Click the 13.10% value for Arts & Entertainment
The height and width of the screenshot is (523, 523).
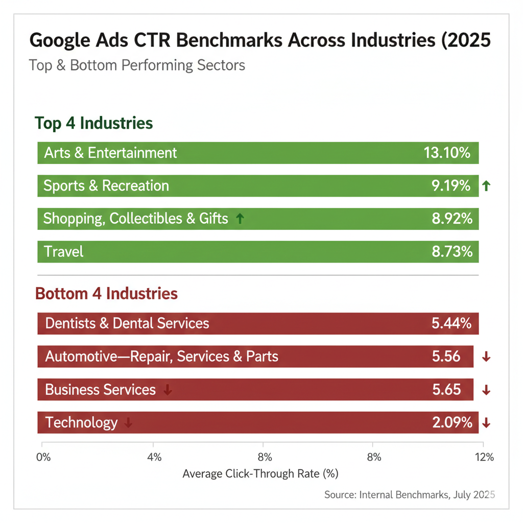point(446,153)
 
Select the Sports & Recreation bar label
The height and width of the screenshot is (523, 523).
point(106,186)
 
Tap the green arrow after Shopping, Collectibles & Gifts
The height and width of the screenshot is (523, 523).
point(240,219)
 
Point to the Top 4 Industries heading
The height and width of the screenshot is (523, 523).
point(93,124)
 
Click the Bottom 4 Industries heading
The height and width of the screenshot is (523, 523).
point(106,294)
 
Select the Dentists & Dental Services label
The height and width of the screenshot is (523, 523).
point(127,323)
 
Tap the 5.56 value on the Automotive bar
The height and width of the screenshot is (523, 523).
point(446,356)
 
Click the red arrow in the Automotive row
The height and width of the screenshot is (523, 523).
point(486,357)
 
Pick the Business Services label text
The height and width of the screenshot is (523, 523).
point(100,390)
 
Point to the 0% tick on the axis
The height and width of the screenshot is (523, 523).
point(44,457)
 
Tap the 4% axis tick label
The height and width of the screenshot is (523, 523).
point(154,457)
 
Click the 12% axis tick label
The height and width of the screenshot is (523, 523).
point(483,457)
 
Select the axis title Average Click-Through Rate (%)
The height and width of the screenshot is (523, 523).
point(260,473)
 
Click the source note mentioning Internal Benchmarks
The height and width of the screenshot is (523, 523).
point(410,494)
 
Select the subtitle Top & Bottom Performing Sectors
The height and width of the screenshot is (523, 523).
point(137,65)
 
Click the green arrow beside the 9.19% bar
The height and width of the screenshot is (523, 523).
point(486,186)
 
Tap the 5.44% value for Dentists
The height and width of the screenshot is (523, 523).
point(451,323)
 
